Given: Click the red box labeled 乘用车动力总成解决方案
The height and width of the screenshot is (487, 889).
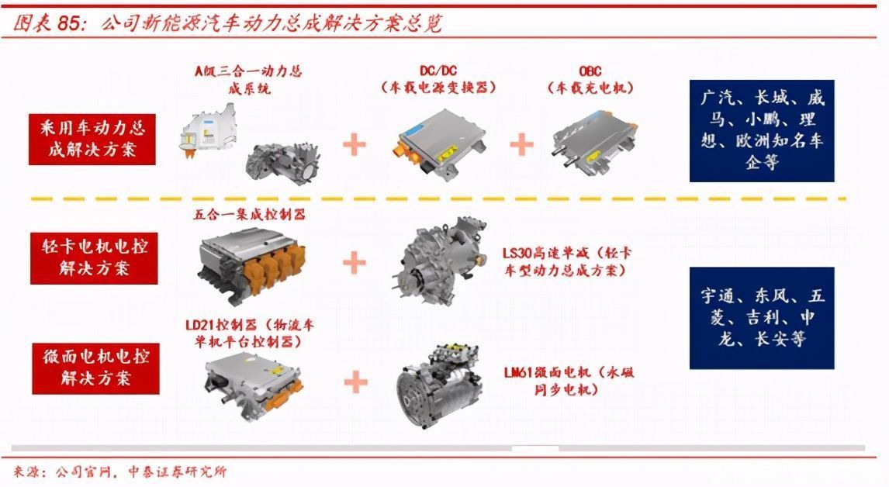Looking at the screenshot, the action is [92, 140].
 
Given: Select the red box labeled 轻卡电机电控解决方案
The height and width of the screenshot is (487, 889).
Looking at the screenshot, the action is [94, 258].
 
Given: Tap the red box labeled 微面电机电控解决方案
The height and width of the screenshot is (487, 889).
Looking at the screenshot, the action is [96, 368].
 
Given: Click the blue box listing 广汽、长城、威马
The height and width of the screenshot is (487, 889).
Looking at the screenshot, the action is [762, 131].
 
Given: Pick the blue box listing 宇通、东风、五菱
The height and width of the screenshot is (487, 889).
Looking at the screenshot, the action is [762, 318].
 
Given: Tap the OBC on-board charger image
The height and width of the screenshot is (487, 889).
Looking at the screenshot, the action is [593, 139].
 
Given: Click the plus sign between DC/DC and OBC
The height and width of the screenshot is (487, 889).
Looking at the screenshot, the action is [521, 144].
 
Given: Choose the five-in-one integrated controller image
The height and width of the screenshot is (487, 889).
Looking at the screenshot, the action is [252, 261].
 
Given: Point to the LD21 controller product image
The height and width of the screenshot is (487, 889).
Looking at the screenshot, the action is [252, 384].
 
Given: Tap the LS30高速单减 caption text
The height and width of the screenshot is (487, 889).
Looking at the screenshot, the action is [567, 261].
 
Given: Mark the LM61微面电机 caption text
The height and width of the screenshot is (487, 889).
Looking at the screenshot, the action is [569, 381].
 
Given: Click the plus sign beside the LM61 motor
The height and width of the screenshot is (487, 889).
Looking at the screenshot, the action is [355, 382].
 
